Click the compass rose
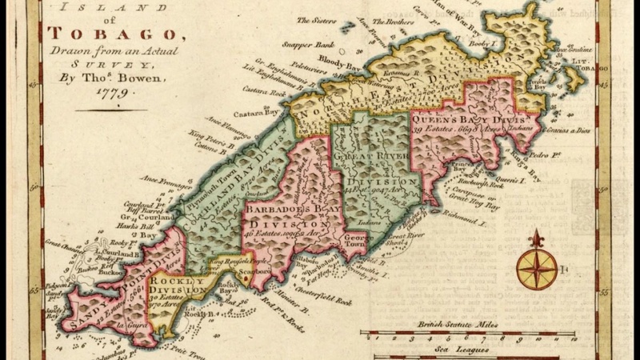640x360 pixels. tap(534, 269)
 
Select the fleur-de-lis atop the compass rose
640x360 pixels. tap(534, 238)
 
